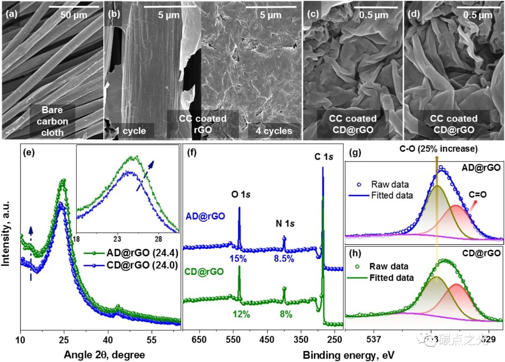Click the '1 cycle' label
[128, 130]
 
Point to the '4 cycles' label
[270, 130]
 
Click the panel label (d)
[414, 14]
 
